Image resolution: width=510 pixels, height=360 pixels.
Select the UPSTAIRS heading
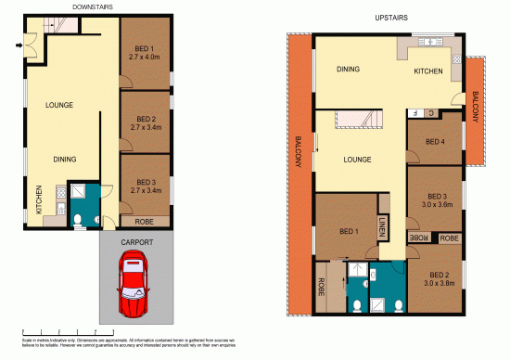point(392,17)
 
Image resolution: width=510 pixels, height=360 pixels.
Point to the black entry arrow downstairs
point(19,43)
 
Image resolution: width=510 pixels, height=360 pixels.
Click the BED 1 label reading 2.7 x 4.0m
point(146,53)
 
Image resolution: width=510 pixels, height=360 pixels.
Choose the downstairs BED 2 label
point(146,120)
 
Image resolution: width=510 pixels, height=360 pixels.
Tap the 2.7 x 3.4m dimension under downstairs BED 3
point(146,190)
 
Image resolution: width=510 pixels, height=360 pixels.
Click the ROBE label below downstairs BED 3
point(145,222)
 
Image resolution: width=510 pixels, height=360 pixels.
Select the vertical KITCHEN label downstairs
point(38,199)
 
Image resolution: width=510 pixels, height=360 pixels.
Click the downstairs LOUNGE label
point(59,105)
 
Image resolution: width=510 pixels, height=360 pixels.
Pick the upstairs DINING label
point(347,69)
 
